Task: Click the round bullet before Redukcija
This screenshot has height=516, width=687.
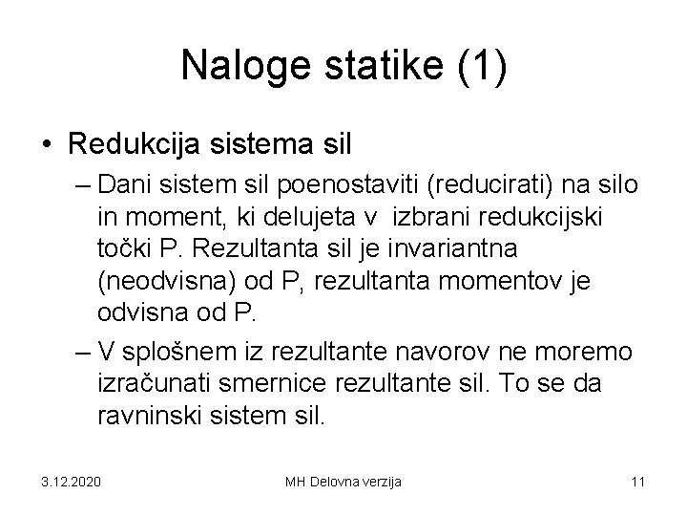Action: coord(45,145)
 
